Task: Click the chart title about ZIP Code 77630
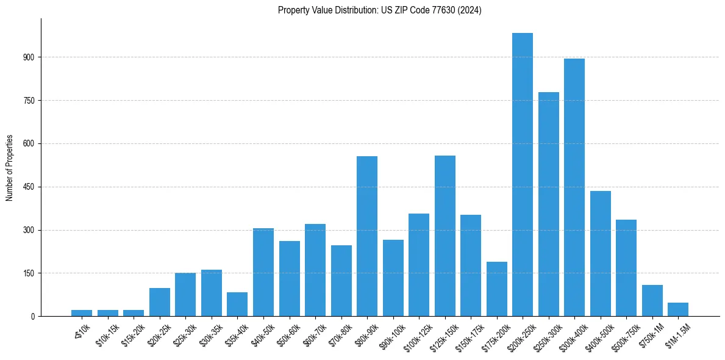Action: (x=379, y=10)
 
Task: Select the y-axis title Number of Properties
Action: (x=10, y=168)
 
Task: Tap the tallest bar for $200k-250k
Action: (x=523, y=175)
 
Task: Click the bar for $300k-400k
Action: (x=574, y=187)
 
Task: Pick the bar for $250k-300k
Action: (x=549, y=204)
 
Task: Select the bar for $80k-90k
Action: (x=367, y=236)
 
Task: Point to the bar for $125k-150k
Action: (x=445, y=236)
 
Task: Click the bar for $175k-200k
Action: (x=497, y=289)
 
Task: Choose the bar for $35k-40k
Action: (x=237, y=304)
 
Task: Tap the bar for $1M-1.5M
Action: (x=678, y=309)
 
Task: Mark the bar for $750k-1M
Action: (x=652, y=301)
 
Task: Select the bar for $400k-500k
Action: (x=601, y=254)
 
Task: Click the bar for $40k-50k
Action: (x=263, y=272)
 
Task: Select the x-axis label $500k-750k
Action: (x=624, y=335)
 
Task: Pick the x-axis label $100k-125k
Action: (x=416, y=335)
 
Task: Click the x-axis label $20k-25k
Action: (x=158, y=334)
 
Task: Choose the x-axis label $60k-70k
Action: (x=314, y=334)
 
